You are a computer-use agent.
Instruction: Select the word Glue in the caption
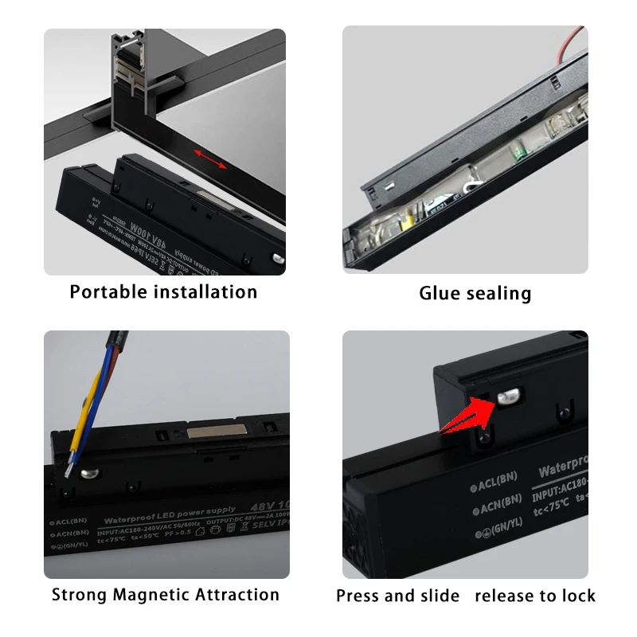click(440, 293)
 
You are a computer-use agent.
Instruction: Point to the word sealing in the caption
click(498, 293)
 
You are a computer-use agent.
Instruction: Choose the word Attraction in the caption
click(238, 595)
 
